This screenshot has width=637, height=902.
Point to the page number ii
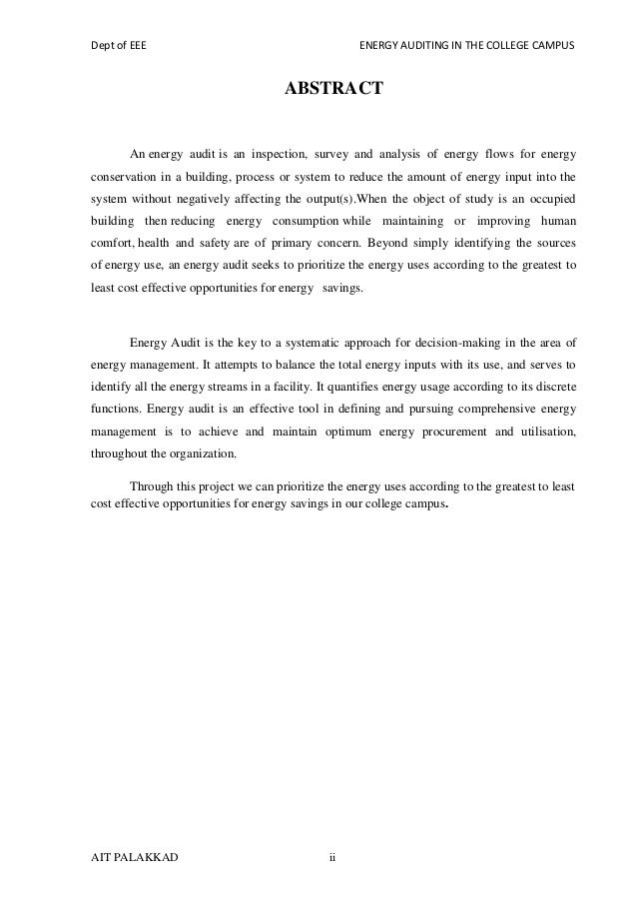point(333,856)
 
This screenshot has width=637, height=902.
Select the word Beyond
point(390,243)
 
